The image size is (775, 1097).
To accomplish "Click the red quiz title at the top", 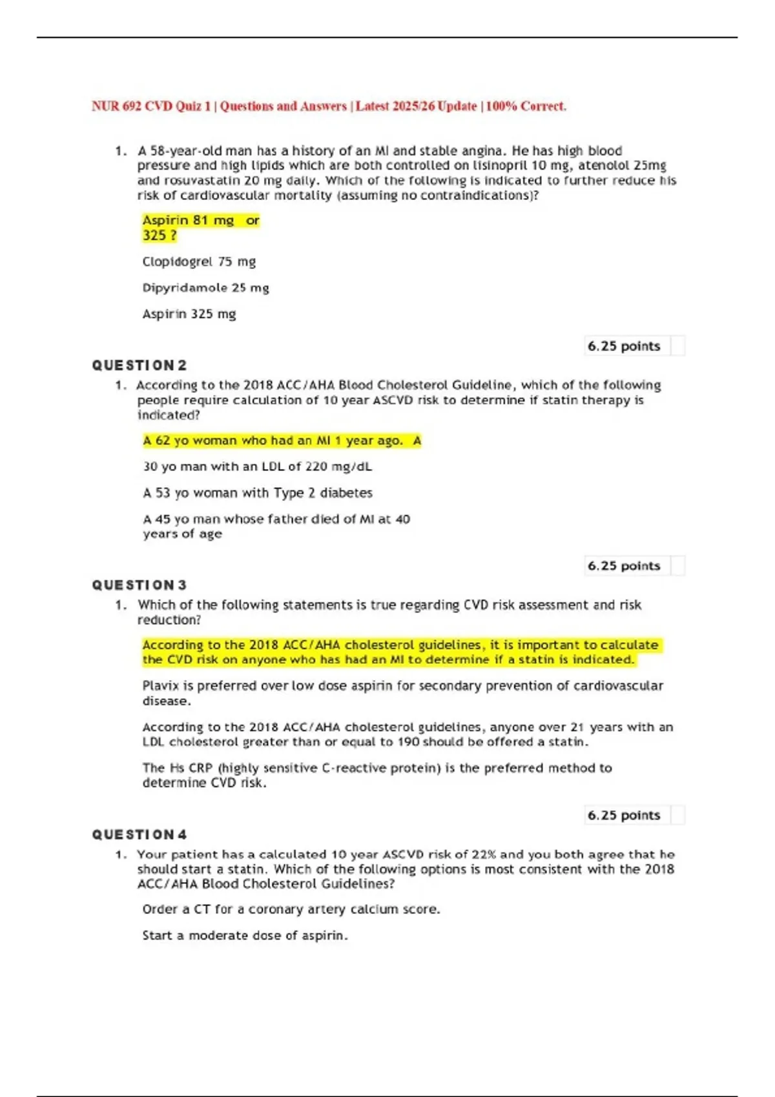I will (329, 106).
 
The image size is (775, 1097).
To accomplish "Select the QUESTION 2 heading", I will (139, 366).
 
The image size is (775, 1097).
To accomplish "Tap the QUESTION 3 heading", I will (139, 585).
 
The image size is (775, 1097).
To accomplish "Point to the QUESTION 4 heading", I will (139, 835).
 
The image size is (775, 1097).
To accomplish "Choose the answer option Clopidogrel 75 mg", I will (199, 262).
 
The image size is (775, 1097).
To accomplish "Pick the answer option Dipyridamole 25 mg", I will (205, 288).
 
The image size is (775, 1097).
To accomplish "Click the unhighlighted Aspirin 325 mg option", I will (189, 314).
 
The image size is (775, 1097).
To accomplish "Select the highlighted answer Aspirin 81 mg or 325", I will (200, 228).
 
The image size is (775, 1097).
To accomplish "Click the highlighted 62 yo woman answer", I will (282, 441).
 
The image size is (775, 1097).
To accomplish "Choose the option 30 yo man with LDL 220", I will (257, 467).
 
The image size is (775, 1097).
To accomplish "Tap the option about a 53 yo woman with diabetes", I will (257, 493).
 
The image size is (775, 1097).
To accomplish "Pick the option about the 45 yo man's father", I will (276, 526).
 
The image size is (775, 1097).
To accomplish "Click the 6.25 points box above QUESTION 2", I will (624, 347).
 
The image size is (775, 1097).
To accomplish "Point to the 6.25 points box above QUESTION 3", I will (624, 566).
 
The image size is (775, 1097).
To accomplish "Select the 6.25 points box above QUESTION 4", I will (624, 816).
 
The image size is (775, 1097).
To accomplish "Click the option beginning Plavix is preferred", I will (402, 693).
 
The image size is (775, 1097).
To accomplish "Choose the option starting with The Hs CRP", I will (377, 775).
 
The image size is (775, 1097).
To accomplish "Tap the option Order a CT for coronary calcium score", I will (291, 909).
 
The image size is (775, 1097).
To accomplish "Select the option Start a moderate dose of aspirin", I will (245, 936).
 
